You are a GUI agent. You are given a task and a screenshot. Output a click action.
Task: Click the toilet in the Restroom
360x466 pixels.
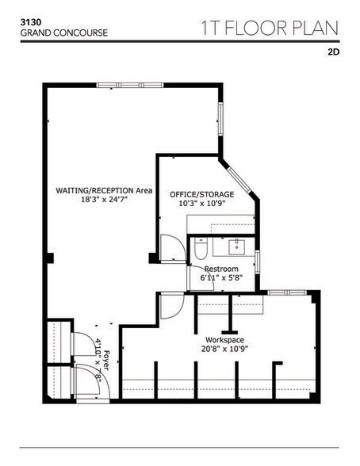pos(201,250)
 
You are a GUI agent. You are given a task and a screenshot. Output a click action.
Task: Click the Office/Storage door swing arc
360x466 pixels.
pos(170,246)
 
